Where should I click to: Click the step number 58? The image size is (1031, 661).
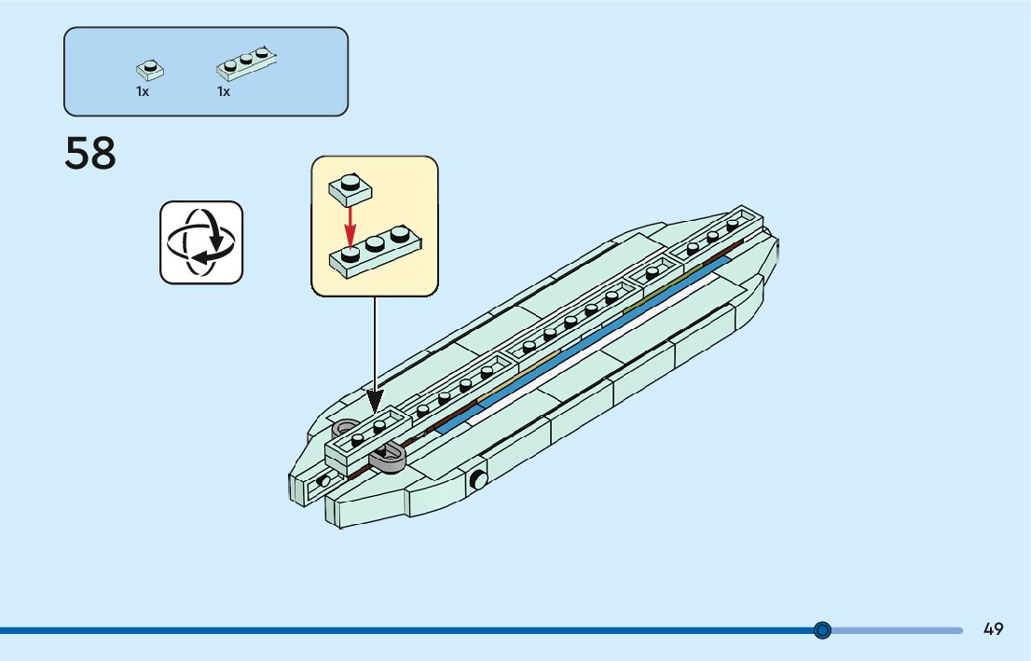click(90, 154)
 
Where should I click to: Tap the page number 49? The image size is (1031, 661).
click(993, 629)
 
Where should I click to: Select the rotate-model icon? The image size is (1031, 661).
click(200, 242)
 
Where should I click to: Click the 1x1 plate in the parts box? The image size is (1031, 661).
click(149, 69)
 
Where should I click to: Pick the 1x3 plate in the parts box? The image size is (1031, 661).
click(247, 62)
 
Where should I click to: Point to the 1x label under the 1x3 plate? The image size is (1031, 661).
click(224, 92)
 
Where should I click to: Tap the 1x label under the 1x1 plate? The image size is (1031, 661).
click(143, 92)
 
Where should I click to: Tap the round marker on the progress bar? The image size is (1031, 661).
click(822, 630)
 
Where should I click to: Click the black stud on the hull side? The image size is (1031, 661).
click(478, 480)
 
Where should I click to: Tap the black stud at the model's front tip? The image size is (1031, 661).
click(323, 481)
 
